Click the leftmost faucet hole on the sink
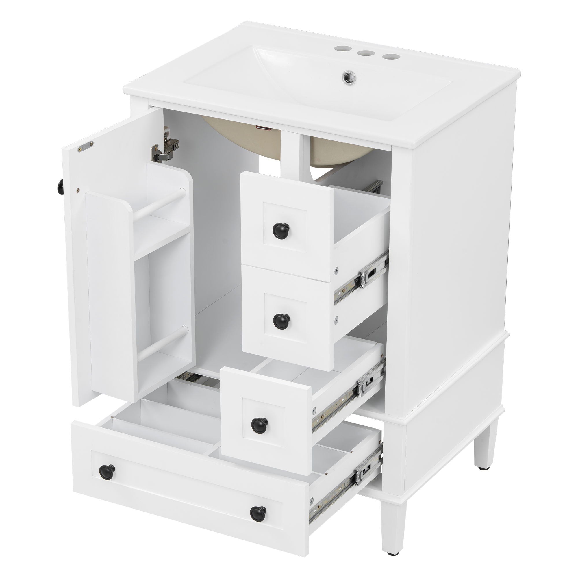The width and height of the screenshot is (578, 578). [x=340, y=48]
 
